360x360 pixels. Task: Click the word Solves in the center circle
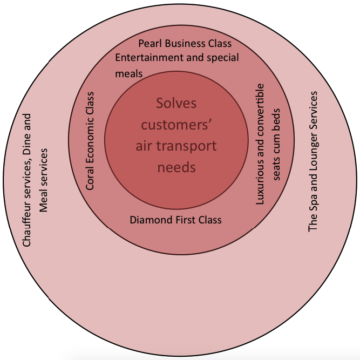176,103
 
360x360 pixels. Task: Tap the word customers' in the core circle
176,125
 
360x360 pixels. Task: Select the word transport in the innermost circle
191,146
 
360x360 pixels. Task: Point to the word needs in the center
176,167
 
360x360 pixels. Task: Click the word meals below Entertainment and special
129,73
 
